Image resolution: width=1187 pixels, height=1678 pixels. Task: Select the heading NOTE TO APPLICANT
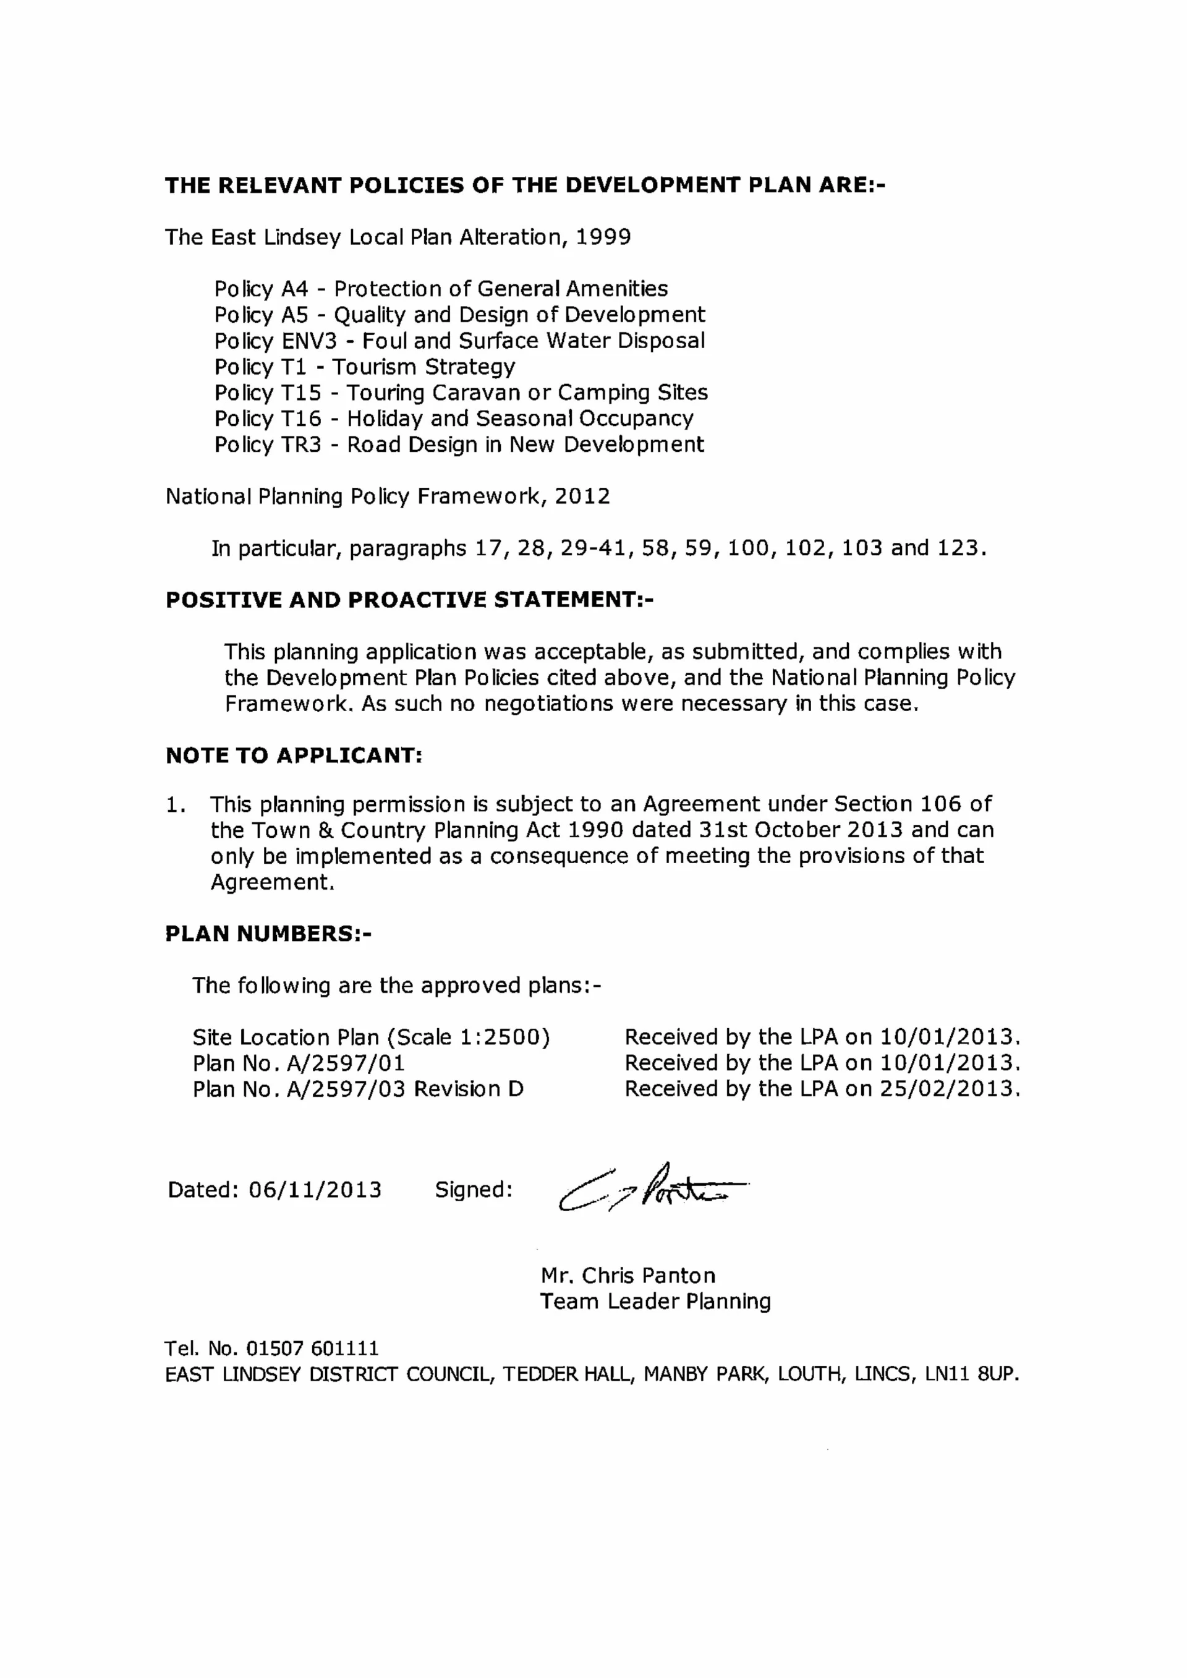(x=294, y=756)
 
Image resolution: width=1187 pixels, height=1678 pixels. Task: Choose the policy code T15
(x=301, y=393)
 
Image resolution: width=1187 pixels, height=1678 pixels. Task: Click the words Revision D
(x=469, y=1089)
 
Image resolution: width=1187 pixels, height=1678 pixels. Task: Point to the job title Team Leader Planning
(x=655, y=1301)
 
